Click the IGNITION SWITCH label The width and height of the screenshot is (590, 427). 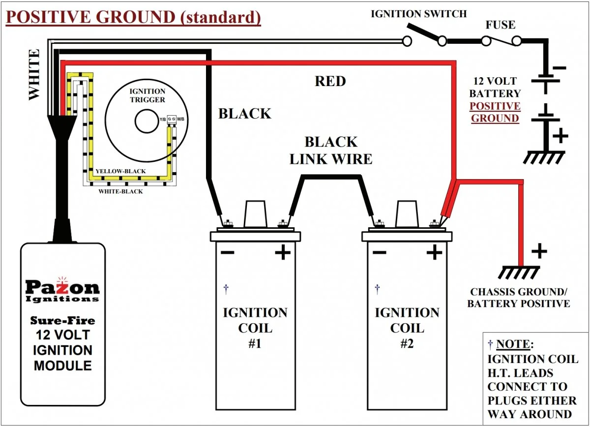[418, 14]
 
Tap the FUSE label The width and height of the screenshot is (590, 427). [501, 25]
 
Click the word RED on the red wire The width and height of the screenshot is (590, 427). [330, 81]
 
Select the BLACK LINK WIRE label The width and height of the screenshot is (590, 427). [330, 151]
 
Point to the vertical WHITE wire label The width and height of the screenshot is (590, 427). [34, 75]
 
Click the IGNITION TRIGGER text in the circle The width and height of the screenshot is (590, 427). [147, 95]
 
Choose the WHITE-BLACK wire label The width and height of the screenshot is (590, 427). [120, 191]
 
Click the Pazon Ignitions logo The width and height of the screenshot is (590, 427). [62, 290]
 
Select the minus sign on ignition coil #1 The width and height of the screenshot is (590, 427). [227, 253]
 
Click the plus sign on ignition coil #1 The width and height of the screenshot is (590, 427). [283, 253]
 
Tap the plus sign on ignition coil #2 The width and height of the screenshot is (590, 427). [434, 253]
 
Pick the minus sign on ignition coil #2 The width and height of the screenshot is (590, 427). [379, 253]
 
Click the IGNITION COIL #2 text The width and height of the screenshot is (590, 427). [407, 328]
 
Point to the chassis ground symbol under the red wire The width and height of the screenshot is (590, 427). [519, 272]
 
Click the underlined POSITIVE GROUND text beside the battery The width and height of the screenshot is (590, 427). [495, 112]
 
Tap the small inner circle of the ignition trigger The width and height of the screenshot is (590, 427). [147, 121]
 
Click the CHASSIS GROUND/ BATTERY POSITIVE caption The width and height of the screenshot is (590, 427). [519, 298]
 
